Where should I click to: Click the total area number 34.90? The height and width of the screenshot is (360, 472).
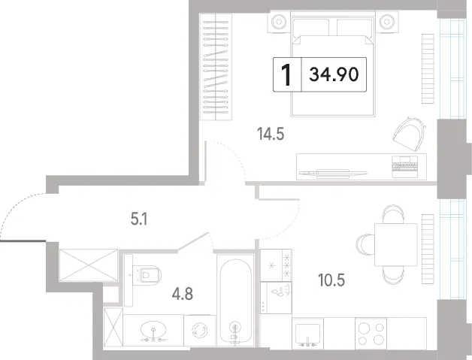[334, 74]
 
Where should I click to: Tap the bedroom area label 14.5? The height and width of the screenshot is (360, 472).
[271, 134]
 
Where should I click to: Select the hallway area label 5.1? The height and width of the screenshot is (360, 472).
[139, 219]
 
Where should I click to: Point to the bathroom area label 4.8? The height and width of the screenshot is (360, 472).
[183, 294]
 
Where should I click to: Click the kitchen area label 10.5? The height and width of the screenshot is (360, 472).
[331, 280]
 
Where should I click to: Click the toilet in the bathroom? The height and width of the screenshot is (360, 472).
[147, 275]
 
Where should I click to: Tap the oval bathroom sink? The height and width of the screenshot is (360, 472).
[153, 330]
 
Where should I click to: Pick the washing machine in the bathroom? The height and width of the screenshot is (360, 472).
[200, 330]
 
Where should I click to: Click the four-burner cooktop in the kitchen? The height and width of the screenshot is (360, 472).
[371, 333]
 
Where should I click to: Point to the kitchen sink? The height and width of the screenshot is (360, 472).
[307, 334]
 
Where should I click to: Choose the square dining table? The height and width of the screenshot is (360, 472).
[396, 244]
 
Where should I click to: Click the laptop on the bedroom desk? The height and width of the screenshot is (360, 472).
[405, 167]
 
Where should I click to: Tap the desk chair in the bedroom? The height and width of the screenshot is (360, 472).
[409, 134]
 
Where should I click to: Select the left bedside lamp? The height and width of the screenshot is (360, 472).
[279, 22]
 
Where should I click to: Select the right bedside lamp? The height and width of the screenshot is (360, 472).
[387, 22]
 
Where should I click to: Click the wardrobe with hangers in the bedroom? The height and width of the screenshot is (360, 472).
[216, 67]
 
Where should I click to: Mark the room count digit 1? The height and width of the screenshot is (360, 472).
[286, 75]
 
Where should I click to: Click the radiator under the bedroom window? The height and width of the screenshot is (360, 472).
[428, 68]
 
